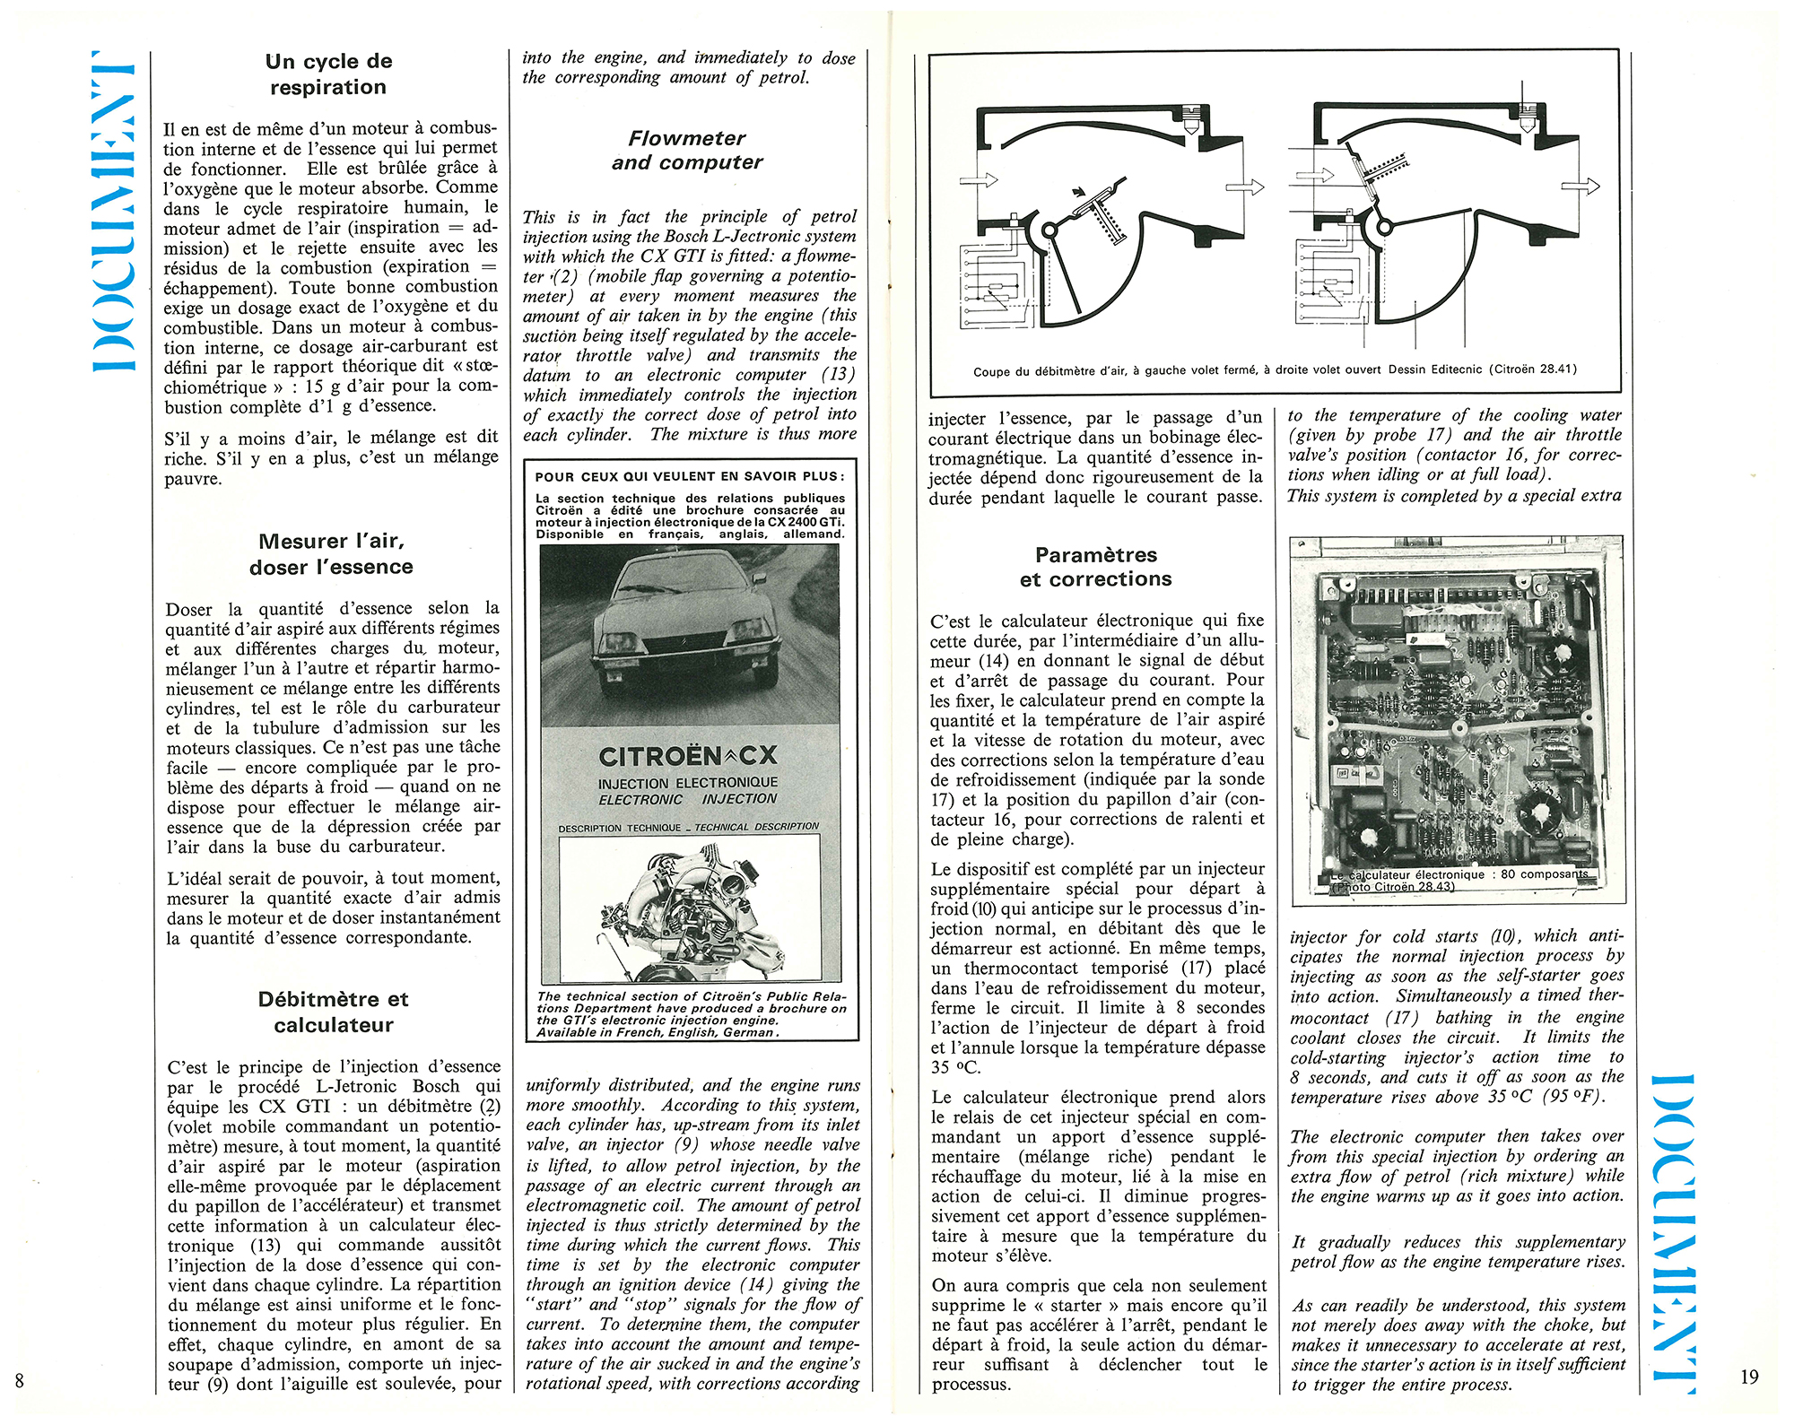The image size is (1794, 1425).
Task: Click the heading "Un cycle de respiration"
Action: point(328,74)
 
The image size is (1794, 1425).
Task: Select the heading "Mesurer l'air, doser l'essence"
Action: point(331,554)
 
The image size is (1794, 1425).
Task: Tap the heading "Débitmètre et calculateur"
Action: point(333,1012)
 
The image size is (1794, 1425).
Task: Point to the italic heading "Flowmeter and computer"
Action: point(687,151)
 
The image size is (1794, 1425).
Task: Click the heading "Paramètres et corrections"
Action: point(1095,567)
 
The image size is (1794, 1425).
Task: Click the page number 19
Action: point(1749,1377)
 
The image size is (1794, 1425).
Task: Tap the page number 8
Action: point(19,1380)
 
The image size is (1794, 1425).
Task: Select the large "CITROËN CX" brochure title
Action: point(688,756)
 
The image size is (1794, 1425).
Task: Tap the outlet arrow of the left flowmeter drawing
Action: point(1244,187)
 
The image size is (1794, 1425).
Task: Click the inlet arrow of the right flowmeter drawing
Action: point(1316,175)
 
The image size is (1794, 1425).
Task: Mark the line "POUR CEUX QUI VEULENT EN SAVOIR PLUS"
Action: point(687,477)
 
